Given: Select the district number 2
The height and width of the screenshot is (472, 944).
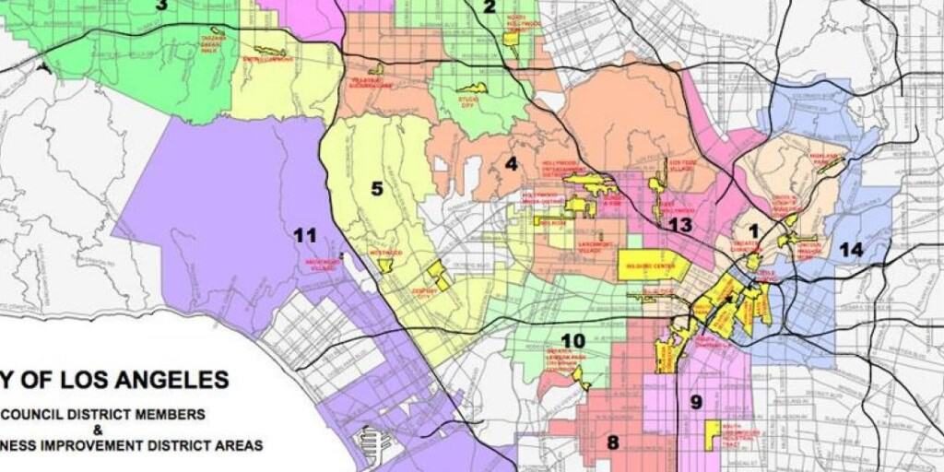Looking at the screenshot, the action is coord(490,7).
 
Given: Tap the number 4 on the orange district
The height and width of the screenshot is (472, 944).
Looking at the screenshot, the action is coord(511,165).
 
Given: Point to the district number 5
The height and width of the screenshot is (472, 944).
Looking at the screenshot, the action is coord(377,189).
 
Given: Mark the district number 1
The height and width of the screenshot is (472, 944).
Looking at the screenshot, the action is coord(754,230).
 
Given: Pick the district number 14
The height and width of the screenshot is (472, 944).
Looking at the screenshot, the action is coord(851,249).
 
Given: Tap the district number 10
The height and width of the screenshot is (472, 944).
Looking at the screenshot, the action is coord(572,340).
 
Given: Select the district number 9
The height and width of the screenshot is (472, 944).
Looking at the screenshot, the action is coord(696,401).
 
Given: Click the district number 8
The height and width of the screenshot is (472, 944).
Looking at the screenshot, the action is coord(613,442).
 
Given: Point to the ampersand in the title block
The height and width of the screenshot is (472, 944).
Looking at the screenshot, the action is coord(109,430).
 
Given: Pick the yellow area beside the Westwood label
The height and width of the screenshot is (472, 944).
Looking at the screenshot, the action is coord(385,265).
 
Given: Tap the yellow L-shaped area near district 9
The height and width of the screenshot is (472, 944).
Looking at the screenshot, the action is coord(712,434).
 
